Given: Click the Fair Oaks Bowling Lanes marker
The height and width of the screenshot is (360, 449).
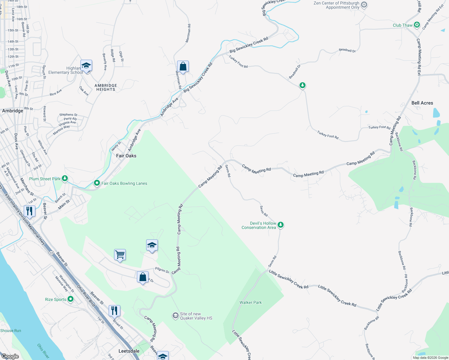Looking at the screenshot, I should tap(97, 183).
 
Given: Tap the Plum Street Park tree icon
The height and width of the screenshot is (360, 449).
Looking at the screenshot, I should tap(65, 179).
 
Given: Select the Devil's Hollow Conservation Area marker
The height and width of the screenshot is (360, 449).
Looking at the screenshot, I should tap(280, 225).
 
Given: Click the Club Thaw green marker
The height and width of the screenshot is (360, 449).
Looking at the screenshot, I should tap(417, 25).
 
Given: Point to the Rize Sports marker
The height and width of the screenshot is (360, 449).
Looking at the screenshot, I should tap(71, 299).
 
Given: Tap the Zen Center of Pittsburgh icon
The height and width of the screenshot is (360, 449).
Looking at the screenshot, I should tap(364, 5).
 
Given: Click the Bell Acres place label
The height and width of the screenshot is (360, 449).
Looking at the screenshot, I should tap(422, 103).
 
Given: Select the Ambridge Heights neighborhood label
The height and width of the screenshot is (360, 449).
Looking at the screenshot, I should tap(106, 87).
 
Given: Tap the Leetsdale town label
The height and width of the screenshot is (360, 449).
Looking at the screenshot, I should tap(129, 351).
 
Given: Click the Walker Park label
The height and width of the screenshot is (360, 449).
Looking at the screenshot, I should tap(251, 302).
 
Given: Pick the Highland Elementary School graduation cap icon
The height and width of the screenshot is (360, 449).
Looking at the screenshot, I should tap(86, 66).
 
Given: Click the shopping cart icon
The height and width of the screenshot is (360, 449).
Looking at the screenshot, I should tap(120, 255).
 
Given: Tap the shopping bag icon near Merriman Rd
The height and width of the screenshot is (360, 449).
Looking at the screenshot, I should tap(183, 66).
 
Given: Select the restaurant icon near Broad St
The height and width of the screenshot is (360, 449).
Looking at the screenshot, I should tap(114, 310).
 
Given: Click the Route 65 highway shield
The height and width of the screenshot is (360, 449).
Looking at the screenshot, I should tap(52, 253).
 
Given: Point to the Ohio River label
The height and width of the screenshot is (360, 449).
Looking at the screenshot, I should tap(43, 351).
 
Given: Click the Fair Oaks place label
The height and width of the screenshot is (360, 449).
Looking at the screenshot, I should tap(126, 156).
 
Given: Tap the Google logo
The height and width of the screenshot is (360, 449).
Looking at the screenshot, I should tap(10, 356).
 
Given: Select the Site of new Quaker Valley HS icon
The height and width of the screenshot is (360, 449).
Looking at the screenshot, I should tap(175, 316).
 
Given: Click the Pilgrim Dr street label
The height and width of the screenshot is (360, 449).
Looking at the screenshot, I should tap(162, 270).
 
